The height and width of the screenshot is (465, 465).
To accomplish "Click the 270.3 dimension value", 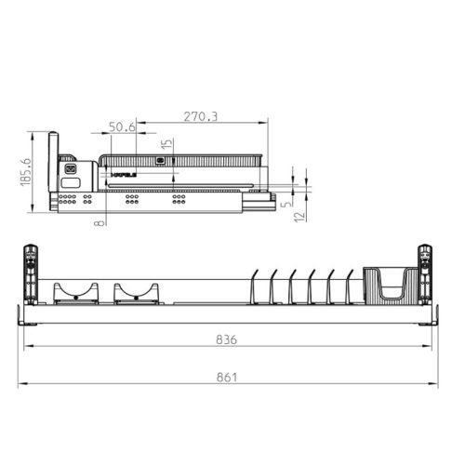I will (202, 118).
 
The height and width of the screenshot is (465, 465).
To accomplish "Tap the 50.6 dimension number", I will (122, 126).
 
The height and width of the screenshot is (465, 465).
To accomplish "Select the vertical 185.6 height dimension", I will (26, 172).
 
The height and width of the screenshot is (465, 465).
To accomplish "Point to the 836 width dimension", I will (226, 340).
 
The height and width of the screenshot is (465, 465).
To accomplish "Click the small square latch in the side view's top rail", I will (161, 161).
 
